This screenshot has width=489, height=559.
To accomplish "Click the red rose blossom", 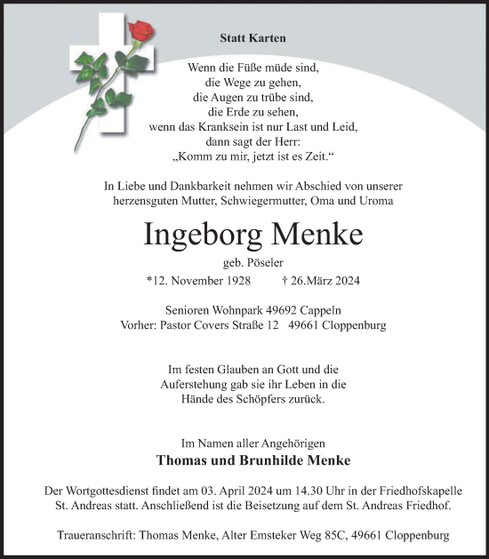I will (x=141, y=33).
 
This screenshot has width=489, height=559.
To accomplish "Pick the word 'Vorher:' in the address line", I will (x=139, y=325).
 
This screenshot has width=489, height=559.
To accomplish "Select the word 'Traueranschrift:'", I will (x=121, y=535).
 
